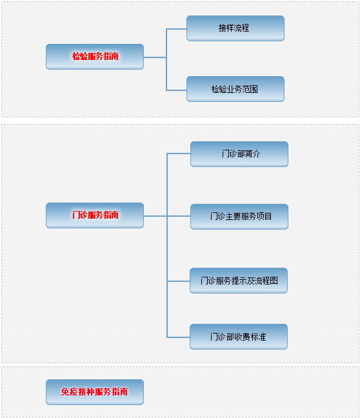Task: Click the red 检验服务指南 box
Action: pyautogui.click(x=95, y=57)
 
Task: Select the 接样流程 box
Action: pyautogui.click(x=235, y=28)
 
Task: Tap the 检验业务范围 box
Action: pyautogui.click(x=235, y=89)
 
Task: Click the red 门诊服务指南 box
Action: pyautogui.click(x=95, y=215)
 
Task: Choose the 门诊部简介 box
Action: pyautogui.click(x=239, y=154)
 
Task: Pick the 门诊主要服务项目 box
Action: pyautogui.click(x=239, y=217)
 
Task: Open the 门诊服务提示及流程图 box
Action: pyautogui.click(x=239, y=281)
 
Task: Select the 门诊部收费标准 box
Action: pyautogui.click(x=239, y=337)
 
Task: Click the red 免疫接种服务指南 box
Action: pyautogui.click(x=95, y=392)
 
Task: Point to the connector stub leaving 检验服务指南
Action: pyautogui.click(x=155, y=57)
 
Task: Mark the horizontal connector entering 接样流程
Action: pyautogui.click(x=176, y=29)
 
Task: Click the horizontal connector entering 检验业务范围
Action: pyautogui.click(x=176, y=90)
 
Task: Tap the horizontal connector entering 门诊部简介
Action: pyautogui.click(x=179, y=154)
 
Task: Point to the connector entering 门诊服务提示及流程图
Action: pyautogui.click(x=179, y=281)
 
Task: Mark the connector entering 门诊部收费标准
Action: pyautogui.click(x=179, y=337)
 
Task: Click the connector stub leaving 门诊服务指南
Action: pyautogui.click(x=155, y=216)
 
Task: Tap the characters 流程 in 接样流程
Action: pyautogui.click(x=241, y=28)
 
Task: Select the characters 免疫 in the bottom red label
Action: pyautogui.click(x=69, y=392)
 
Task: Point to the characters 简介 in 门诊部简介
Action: pyautogui.click(x=252, y=154)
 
